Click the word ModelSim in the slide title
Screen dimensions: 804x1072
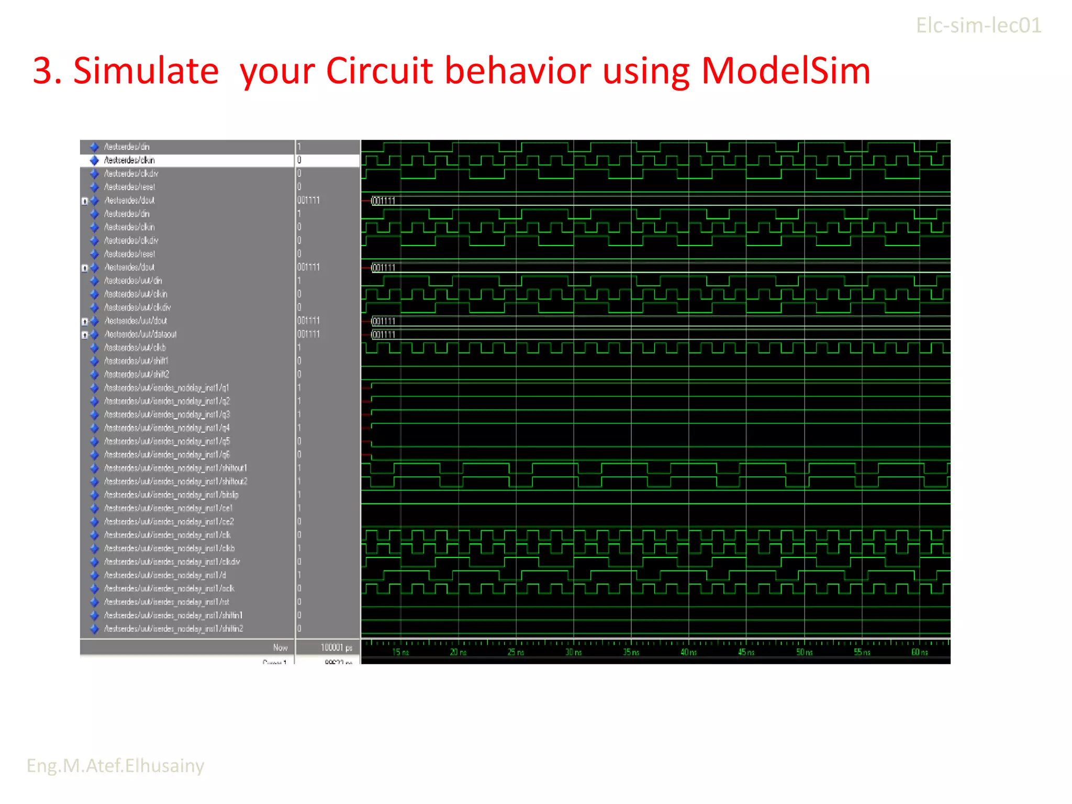click(785, 71)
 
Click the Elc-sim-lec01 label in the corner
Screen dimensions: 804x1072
click(978, 26)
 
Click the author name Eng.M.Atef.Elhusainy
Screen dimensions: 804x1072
click(115, 765)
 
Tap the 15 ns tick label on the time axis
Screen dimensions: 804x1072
click(400, 652)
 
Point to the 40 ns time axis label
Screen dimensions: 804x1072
click(688, 652)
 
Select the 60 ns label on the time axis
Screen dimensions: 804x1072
click(919, 652)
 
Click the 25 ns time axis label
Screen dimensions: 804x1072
click(516, 652)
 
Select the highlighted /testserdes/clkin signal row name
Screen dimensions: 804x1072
click(129, 160)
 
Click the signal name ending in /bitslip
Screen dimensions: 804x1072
click(171, 495)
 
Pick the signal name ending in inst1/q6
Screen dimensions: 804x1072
click(166, 454)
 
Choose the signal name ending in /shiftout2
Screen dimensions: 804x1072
click(175, 482)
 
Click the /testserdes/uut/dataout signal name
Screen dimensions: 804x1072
click(140, 334)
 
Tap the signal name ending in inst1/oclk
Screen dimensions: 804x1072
click(169, 588)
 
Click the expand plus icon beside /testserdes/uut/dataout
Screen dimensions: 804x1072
click(85, 335)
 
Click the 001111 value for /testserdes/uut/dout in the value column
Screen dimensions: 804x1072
click(308, 321)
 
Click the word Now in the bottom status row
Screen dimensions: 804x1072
click(280, 648)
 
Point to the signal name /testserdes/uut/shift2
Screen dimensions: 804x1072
click(137, 374)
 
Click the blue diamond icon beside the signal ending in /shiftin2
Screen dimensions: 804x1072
click(94, 629)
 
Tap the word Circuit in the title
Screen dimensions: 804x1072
click(379, 71)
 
